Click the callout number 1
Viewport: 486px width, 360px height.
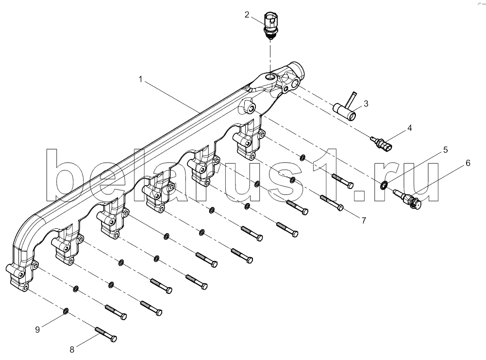(140, 79)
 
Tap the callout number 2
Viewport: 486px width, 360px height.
(247, 15)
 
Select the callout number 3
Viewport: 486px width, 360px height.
(366, 103)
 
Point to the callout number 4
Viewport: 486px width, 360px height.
(409, 128)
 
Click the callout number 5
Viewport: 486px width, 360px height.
(445, 150)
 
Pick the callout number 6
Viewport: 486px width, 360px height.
(468, 163)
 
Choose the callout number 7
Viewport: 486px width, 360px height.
(364, 221)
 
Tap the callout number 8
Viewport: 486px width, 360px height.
(72, 350)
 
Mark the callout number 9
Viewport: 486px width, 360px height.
(37, 329)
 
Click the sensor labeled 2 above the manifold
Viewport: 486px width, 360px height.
(270, 26)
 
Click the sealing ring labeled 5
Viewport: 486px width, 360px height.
(384, 186)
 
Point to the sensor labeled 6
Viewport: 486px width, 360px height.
(407, 198)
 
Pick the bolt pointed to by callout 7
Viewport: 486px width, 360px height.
(332, 203)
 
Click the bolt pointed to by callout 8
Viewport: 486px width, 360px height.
(106, 334)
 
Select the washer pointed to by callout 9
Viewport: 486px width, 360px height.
(66, 311)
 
